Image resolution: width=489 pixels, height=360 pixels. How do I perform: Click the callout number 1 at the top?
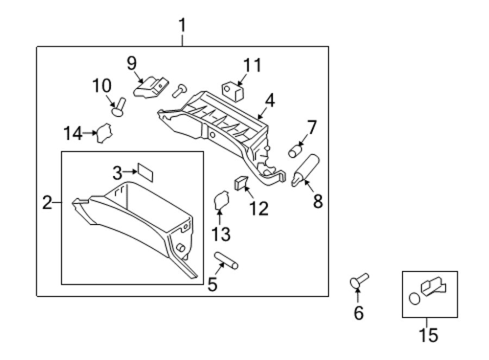click(x=183, y=26)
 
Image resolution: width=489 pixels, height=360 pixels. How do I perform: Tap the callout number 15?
click(x=428, y=335)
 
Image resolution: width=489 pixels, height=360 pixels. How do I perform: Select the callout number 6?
click(x=359, y=313)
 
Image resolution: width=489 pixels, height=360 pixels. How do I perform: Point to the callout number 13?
click(x=221, y=234)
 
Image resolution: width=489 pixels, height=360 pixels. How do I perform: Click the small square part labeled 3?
click(x=145, y=172)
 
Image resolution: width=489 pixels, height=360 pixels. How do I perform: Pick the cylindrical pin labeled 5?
click(x=227, y=261)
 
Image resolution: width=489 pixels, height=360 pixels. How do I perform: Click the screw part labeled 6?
click(x=359, y=281)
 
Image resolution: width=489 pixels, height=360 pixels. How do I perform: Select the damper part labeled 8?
click(x=305, y=170)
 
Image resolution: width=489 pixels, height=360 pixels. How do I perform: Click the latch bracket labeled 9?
click(x=151, y=87)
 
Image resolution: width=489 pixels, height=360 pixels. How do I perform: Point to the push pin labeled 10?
click(x=119, y=107)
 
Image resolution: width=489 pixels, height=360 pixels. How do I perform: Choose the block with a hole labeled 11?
click(x=233, y=91)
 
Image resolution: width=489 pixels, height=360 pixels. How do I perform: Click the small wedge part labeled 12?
click(x=241, y=183)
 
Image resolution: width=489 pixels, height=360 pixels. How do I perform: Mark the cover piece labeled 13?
click(x=221, y=201)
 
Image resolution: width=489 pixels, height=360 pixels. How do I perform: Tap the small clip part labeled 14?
click(x=104, y=133)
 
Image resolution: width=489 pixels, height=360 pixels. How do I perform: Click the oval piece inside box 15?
click(x=415, y=299)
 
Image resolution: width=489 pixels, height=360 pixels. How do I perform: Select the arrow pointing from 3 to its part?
click(x=130, y=171)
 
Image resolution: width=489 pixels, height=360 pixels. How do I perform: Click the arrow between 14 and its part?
click(x=90, y=133)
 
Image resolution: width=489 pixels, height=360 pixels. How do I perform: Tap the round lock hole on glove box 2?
click(x=180, y=248)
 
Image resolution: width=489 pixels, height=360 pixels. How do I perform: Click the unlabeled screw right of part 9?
click(x=179, y=91)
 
